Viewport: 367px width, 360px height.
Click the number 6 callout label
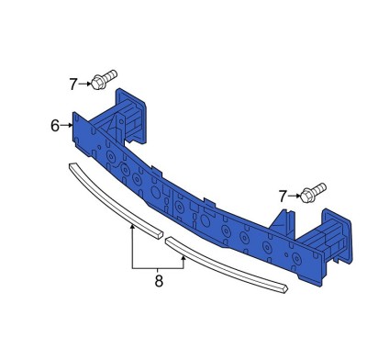tap(55, 126)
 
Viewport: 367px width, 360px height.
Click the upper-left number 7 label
tap(73, 84)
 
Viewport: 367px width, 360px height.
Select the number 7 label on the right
tap(283, 197)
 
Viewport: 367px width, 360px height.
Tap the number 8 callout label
tap(159, 281)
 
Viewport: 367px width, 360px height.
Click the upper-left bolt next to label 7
tap(104, 79)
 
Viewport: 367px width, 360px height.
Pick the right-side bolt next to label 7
tap(313, 193)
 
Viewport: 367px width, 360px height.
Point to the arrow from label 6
tap(67, 125)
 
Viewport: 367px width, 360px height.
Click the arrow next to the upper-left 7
tap(85, 84)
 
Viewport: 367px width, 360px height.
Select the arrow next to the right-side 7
tap(295, 196)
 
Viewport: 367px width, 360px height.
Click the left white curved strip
tap(114, 200)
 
